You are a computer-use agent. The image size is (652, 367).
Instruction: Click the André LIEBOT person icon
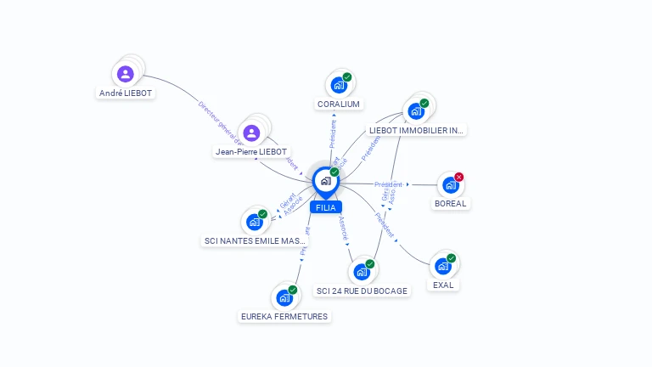[x=126, y=74]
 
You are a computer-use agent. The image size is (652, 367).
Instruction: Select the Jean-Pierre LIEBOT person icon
[x=251, y=133]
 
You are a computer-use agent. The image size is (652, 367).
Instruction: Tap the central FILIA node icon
[x=325, y=180]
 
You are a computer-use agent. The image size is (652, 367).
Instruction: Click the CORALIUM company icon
[x=339, y=85]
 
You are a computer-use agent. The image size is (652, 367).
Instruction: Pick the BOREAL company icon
[x=450, y=184]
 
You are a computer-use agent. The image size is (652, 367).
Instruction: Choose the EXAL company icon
[x=442, y=266]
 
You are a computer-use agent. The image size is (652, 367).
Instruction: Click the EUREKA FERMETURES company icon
[x=284, y=298]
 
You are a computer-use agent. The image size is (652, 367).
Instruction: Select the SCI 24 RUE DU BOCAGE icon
[x=362, y=272]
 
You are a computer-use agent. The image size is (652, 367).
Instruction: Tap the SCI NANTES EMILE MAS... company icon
[x=254, y=222]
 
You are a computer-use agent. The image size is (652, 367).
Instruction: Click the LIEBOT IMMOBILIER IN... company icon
[x=416, y=110]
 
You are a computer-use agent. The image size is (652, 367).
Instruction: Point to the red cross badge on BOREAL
[x=459, y=177]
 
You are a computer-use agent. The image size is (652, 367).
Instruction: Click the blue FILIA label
[x=325, y=207]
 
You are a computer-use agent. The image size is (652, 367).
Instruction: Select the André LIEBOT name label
[x=126, y=93]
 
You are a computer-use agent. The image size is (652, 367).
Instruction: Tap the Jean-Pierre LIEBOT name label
[x=251, y=151]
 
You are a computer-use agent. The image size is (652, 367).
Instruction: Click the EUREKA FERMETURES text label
[x=284, y=316]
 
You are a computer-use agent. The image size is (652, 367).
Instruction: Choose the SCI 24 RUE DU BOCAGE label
[x=362, y=291]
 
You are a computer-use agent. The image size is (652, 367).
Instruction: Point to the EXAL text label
[x=443, y=285]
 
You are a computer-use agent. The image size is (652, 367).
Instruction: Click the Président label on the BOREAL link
[x=388, y=184]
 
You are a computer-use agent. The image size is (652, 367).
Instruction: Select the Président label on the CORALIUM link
[x=333, y=134]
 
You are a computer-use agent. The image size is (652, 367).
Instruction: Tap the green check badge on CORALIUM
[x=347, y=77]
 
